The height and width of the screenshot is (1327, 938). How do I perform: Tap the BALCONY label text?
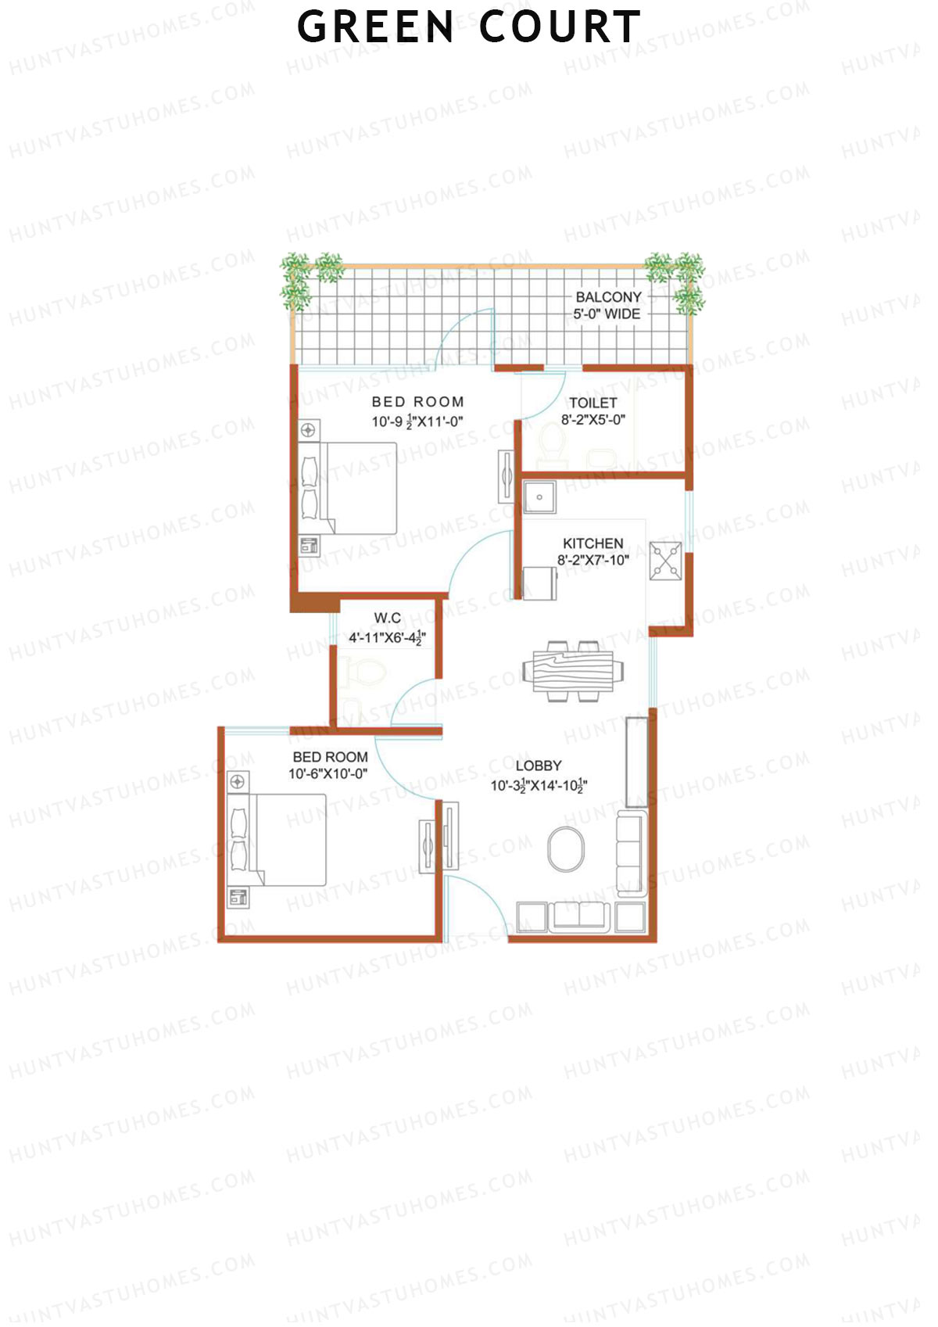[608, 297]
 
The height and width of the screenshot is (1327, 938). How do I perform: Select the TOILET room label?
[593, 403]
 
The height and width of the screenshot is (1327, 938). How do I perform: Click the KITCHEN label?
[593, 543]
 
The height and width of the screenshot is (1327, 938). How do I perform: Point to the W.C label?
[387, 618]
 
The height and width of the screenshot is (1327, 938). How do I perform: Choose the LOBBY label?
[539, 766]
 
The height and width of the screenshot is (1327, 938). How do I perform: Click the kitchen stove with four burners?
[665, 561]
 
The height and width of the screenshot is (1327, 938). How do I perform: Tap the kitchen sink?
[539, 497]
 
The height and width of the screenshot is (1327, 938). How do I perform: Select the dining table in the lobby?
[573, 671]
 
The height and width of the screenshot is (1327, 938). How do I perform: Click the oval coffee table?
[566, 849]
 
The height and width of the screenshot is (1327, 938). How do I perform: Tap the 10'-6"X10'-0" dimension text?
[328, 774]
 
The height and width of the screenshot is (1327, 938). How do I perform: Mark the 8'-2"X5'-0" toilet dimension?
[593, 420]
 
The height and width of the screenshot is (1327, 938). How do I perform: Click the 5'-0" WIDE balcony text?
[607, 314]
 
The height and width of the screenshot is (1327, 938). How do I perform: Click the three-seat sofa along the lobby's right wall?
[631, 853]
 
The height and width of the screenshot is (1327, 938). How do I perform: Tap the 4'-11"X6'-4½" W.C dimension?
[387, 637]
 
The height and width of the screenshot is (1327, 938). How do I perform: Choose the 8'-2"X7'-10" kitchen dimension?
[593, 560]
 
